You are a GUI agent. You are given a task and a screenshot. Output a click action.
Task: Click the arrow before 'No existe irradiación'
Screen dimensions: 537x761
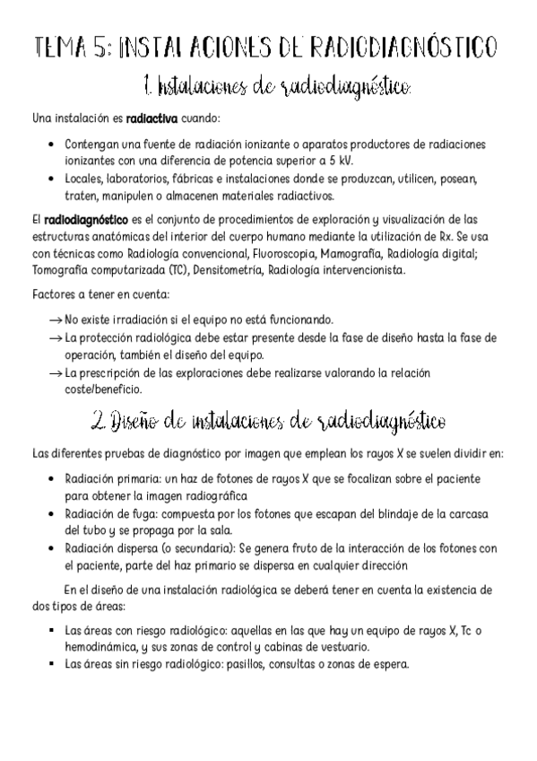pos(55,319)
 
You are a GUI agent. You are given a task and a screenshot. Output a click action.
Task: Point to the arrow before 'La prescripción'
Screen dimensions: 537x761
pos(55,372)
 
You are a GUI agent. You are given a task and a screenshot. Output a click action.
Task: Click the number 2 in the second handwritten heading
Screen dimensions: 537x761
pos(99,420)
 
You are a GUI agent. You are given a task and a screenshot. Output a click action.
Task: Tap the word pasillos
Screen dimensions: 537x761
pos(271,665)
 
